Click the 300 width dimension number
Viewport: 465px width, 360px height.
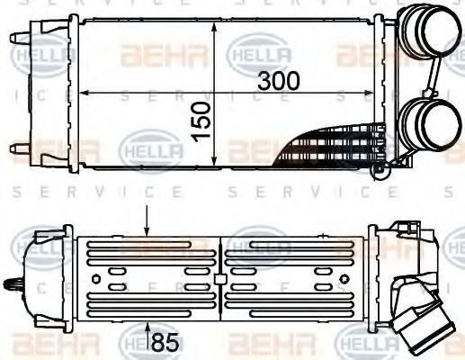tap(279, 79)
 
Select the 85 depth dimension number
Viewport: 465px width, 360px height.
tap(163, 342)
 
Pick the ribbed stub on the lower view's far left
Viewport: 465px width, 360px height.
tap(13, 287)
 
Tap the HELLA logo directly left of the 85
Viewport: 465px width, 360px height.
tap(135, 341)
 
